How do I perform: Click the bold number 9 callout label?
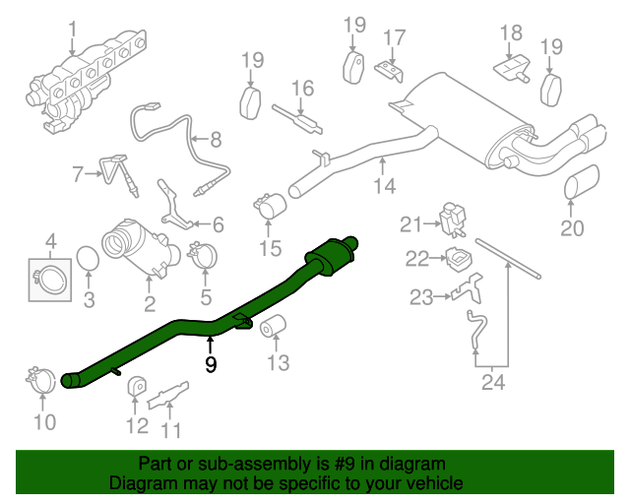pos(211,364)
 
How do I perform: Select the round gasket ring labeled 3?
pos(88,259)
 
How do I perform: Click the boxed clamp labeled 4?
pos(50,280)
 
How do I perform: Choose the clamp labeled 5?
pos(203,255)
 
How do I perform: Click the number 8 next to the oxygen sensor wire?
pos(216,140)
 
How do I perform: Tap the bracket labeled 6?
pos(175,205)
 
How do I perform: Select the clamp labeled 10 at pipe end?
pos(40,380)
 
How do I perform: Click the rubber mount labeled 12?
pos(137,386)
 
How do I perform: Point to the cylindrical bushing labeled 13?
pos(273,325)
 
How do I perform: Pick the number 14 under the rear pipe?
pos(385,186)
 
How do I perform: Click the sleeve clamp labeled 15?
pos(269,206)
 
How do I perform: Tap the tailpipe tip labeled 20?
pos(582,183)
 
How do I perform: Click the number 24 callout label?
pos(493,382)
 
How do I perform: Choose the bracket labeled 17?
pos(389,71)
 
